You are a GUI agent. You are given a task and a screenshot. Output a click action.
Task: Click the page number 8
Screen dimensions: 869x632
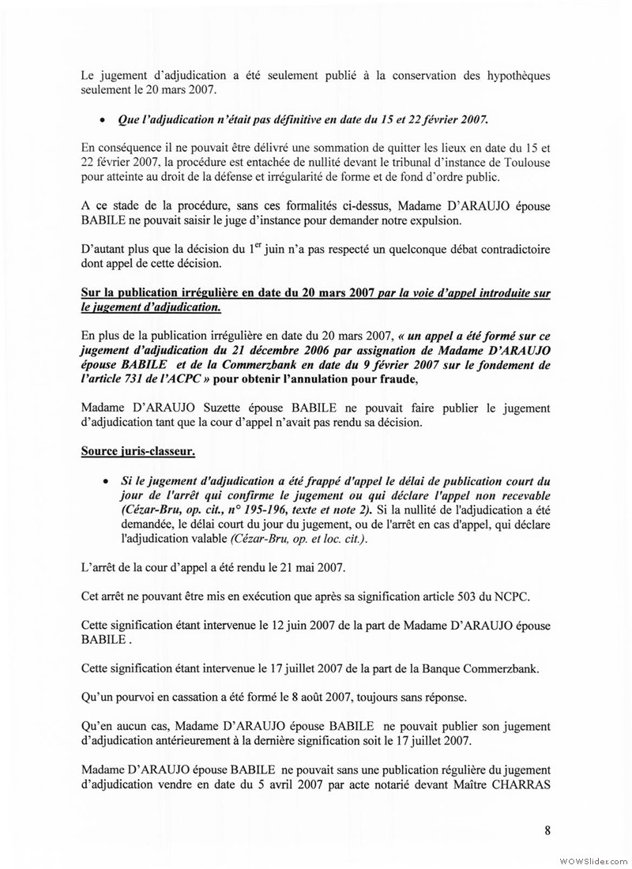coord(546,829)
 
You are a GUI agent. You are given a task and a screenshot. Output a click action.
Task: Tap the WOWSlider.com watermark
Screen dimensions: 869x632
coord(592,859)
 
